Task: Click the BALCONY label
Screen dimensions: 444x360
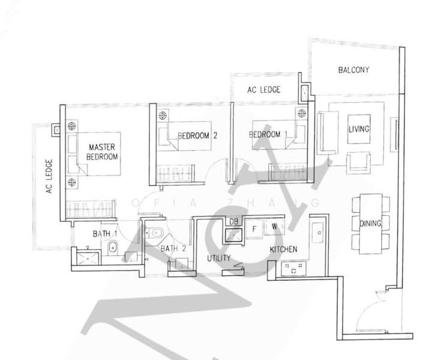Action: point(353,70)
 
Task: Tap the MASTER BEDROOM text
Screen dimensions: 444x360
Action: point(102,152)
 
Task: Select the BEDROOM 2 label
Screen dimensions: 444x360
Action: point(197,136)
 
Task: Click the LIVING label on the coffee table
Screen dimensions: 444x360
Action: point(359,129)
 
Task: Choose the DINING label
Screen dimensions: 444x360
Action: point(370,223)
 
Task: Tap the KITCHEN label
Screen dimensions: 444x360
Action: point(283,249)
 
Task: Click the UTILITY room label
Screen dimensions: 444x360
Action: point(219,258)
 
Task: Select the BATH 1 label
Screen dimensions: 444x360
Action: point(105,234)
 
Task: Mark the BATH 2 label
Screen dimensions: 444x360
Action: point(173,248)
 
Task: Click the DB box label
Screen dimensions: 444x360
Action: point(233,221)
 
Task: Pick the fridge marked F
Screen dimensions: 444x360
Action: point(254,229)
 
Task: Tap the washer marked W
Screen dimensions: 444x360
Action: point(274,227)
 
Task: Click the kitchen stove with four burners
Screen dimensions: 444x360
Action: point(293,269)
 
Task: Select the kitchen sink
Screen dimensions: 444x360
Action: point(317,232)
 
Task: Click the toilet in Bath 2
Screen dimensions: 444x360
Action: point(154,233)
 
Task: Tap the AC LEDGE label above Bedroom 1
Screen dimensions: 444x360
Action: point(263,90)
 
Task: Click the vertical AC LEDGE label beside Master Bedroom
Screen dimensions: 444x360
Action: point(49,176)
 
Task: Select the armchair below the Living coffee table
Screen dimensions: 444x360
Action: point(358,163)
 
